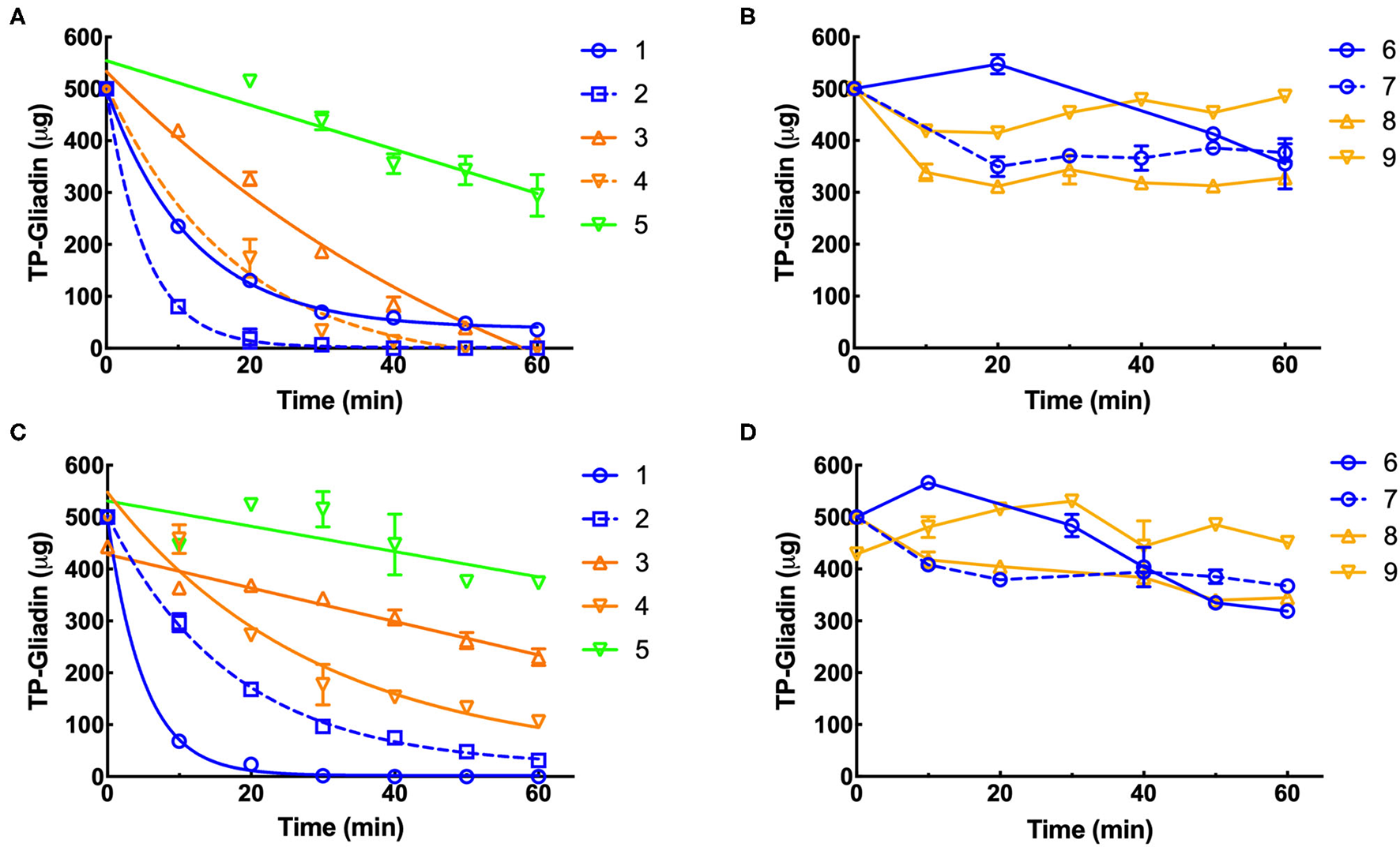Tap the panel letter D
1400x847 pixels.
[x=747, y=433]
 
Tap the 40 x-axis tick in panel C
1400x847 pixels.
[x=393, y=793]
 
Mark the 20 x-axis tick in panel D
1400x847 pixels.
[x=999, y=793]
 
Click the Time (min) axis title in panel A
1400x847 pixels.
[x=340, y=400]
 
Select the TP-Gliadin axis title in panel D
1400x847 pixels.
[x=785, y=621]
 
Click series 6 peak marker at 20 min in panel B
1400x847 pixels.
[x=998, y=65]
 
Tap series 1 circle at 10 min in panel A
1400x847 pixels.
[x=179, y=226]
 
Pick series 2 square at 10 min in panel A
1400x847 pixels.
[x=179, y=306]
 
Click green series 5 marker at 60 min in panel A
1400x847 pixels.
[x=537, y=194]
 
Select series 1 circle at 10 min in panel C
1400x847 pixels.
[x=179, y=741]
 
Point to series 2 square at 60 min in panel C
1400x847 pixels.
[x=538, y=760]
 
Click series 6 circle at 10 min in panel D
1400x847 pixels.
[x=928, y=482]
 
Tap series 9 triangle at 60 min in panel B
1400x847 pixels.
[x=1285, y=96]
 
